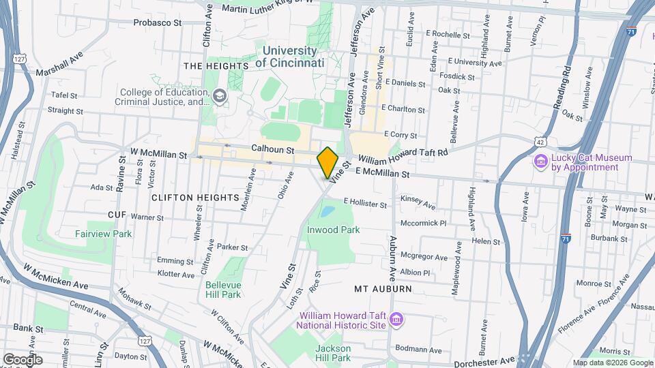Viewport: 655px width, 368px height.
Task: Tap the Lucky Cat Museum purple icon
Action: [x=540, y=162]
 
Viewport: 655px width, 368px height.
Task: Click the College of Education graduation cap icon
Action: [x=219, y=96]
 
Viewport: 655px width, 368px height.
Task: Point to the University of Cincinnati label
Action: [x=290, y=57]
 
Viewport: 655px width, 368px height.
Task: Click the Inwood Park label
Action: [x=333, y=230]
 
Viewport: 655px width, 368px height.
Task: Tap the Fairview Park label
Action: [x=104, y=234]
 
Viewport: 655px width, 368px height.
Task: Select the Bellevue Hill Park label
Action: [x=222, y=289]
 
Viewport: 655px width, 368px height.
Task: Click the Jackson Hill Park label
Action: [x=333, y=353]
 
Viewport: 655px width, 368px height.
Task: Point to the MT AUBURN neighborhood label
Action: [x=383, y=289]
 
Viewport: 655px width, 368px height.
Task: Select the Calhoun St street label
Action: [x=272, y=148]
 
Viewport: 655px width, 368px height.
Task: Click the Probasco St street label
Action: [x=157, y=22]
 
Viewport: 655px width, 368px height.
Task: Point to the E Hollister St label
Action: [x=365, y=203]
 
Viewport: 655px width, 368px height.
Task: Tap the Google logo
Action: [x=23, y=359]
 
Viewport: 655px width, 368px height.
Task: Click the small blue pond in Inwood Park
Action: [x=327, y=211]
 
